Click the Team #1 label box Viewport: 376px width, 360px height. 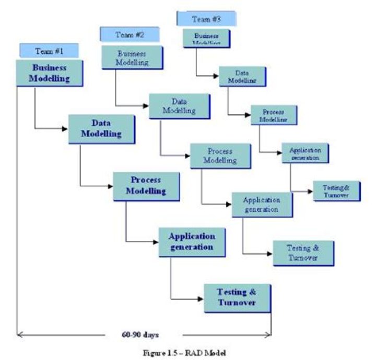49,51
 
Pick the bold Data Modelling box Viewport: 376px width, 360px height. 101,129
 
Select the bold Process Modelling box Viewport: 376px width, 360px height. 146,186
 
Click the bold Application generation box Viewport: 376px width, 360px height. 192,241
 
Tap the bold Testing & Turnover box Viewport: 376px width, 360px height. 237,297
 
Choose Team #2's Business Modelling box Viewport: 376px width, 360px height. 132,58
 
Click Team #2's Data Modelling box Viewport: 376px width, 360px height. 179,106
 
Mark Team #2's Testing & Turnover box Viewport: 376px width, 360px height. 302,253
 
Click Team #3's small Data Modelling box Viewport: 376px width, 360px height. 241,76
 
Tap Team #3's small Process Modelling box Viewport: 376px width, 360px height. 273,115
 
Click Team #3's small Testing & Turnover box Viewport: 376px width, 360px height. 336,191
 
